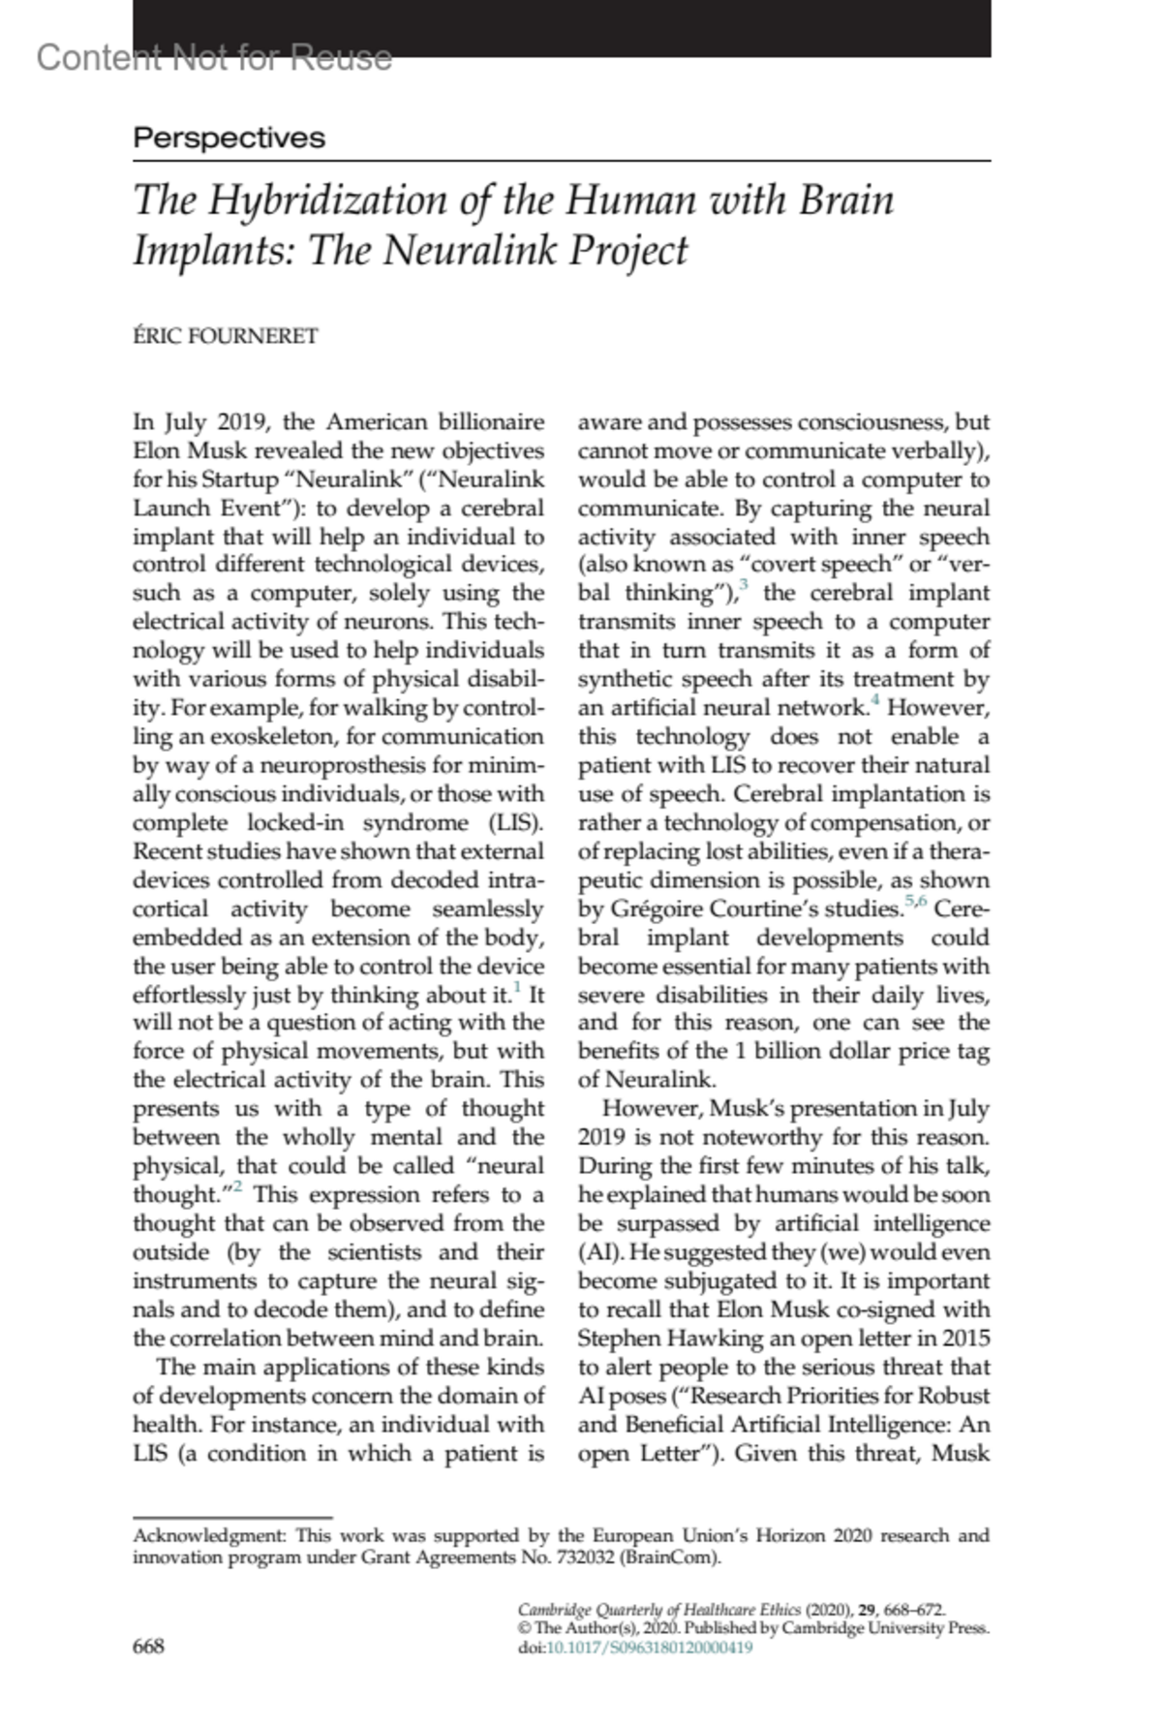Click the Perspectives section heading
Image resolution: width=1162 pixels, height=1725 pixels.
[x=229, y=138]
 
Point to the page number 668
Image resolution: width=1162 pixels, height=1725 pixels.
[x=149, y=1646]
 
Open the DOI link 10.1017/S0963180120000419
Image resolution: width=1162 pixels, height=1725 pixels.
[x=649, y=1648]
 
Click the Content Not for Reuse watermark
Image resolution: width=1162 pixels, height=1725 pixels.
[x=214, y=58]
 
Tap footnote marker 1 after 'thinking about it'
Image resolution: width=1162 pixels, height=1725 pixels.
[x=516, y=988]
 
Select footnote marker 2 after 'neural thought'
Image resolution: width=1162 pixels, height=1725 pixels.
[x=235, y=1188]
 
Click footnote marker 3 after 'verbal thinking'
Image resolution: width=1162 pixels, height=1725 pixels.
[x=743, y=585]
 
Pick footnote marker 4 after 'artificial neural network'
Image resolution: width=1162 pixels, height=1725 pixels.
[x=874, y=700]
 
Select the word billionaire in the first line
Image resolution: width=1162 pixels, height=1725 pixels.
[x=492, y=422]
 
